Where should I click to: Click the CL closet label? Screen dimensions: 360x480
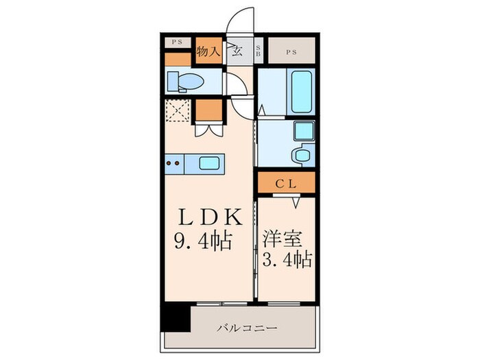point(285,183)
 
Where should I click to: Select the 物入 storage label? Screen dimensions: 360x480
point(208,51)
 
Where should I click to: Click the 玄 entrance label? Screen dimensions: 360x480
point(237,50)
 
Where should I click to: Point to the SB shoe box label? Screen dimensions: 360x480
point(259,50)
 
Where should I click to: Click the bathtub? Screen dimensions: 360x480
point(302,92)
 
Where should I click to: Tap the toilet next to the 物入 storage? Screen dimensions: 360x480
point(187,82)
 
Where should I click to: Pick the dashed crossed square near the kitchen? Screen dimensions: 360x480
point(178,110)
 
